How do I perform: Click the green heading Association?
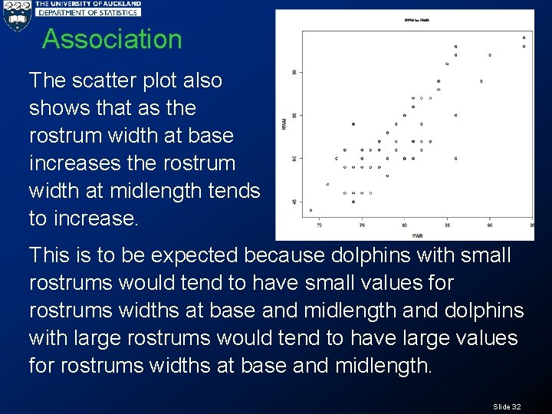click(x=112, y=39)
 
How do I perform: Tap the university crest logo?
click(x=16, y=15)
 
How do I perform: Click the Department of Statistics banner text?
click(x=89, y=12)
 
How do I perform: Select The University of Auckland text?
click(x=89, y=4)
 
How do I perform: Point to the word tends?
click(x=235, y=191)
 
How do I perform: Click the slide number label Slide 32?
click(x=507, y=406)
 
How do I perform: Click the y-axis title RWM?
click(x=284, y=123)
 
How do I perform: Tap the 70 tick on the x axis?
click(x=319, y=225)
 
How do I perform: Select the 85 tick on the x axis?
click(x=448, y=225)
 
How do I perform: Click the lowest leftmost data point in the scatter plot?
click(x=310, y=210)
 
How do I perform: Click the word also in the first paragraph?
click(x=201, y=80)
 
